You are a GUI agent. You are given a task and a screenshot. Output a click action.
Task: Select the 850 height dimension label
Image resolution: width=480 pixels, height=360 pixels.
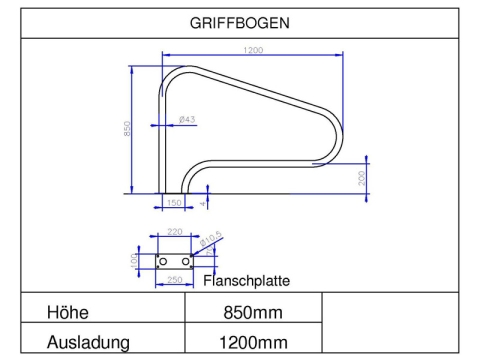click(128, 131)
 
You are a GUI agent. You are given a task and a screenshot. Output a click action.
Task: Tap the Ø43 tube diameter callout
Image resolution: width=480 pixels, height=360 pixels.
click(186, 119)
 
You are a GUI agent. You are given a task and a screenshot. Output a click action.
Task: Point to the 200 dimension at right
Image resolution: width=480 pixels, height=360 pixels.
click(361, 176)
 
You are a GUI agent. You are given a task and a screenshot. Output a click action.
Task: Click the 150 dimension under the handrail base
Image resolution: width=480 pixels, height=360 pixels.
click(174, 203)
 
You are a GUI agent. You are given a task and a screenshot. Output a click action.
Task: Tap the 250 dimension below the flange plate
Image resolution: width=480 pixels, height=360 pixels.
click(174, 280)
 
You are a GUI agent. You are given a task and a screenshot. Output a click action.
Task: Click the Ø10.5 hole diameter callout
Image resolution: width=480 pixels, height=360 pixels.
click(211, 240)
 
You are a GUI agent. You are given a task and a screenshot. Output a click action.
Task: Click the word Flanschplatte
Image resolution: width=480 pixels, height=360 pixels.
click(246, 280)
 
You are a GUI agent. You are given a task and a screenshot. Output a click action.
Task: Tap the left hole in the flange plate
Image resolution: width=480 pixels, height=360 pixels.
click(164, 261)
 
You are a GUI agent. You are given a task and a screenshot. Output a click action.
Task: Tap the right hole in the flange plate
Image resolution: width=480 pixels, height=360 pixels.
click(186, 261)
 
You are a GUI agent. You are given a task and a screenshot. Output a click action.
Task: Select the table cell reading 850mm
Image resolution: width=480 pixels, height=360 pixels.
click(252, 313)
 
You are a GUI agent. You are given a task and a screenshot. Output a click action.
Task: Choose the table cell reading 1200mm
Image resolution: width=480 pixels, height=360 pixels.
click(252, 343)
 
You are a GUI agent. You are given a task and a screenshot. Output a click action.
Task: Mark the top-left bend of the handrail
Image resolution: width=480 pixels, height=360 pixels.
click(172, 75)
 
